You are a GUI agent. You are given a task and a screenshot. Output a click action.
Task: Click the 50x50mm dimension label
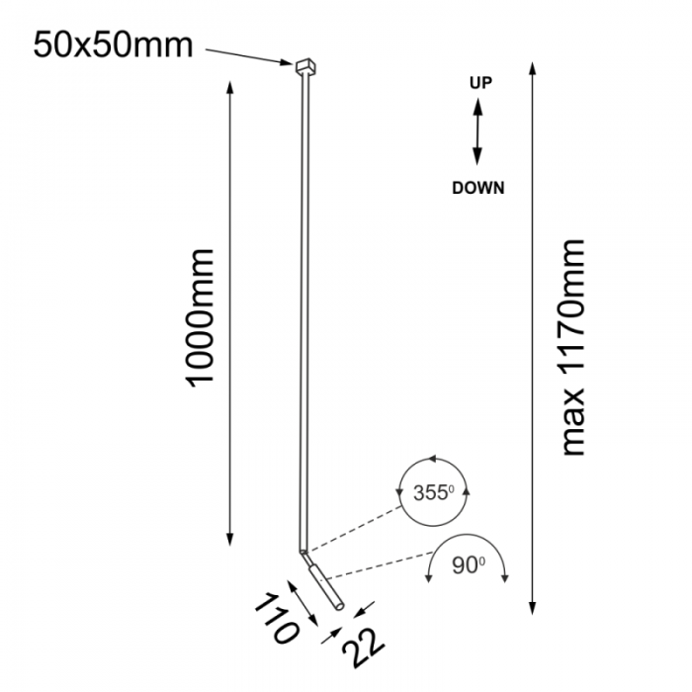[113, 45]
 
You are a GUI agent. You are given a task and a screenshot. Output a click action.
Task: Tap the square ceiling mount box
[305, 66]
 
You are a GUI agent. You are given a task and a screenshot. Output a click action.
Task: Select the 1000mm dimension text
[200, 318]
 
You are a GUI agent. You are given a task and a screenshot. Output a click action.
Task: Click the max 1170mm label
[572, 347]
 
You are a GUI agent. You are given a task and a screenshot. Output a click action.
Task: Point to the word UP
[480, 82]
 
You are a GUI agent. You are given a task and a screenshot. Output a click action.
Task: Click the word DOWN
[477, 188]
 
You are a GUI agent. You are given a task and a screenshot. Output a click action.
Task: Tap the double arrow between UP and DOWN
[477, 131]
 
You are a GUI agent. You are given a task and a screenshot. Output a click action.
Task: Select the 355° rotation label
[433, 492]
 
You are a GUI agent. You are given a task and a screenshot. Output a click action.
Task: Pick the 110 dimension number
[277, 618]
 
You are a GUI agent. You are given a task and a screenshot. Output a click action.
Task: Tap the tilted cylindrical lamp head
[326, 587]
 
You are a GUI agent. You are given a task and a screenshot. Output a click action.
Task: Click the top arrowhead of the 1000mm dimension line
[229, 88]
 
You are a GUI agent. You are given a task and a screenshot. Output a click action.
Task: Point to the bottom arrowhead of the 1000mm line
[229, 540]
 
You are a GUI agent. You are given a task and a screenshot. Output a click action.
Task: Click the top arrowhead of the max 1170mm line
[532, 69]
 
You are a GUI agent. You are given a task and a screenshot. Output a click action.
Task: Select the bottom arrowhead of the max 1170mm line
[532, 608]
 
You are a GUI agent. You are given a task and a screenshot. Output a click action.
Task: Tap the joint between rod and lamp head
[303, 552]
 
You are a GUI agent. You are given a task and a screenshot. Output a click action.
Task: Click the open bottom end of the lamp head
[339, 607]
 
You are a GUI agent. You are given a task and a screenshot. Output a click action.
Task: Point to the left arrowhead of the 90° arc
[428, 578]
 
